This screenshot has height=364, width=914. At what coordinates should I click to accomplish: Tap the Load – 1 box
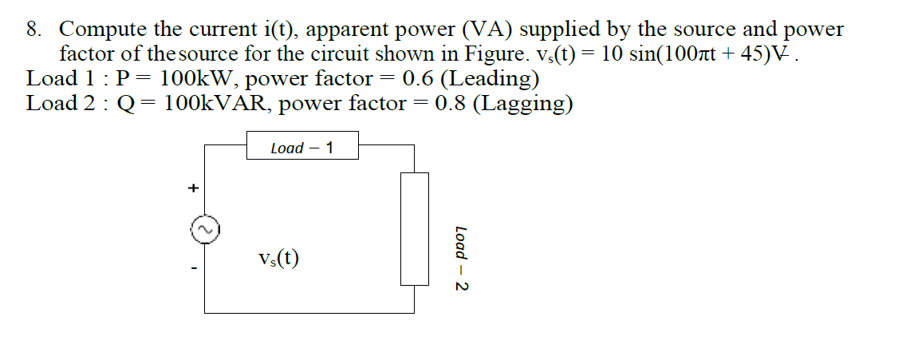click(x=301, y=148)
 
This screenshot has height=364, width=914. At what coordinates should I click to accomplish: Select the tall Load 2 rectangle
click(x=414, y=227)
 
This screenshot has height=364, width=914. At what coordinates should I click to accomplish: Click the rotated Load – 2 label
click(x=460, y=259)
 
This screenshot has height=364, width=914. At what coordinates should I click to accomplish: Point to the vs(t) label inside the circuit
click(x=279, y=259)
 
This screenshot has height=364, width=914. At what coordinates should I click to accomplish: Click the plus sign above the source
click(x=191, y=188)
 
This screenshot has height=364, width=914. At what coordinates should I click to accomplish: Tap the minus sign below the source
click(x=192, y=268)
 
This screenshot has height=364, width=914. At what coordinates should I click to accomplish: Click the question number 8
click(x=33, y=30)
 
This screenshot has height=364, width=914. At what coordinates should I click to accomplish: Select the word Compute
click(x=103, y=30)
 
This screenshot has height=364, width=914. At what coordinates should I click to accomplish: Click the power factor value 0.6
click(x=419, y=79)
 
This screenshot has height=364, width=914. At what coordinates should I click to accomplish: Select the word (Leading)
click(x=490, y=79)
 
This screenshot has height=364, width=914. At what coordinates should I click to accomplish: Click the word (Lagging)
click(x=522, y=104)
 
